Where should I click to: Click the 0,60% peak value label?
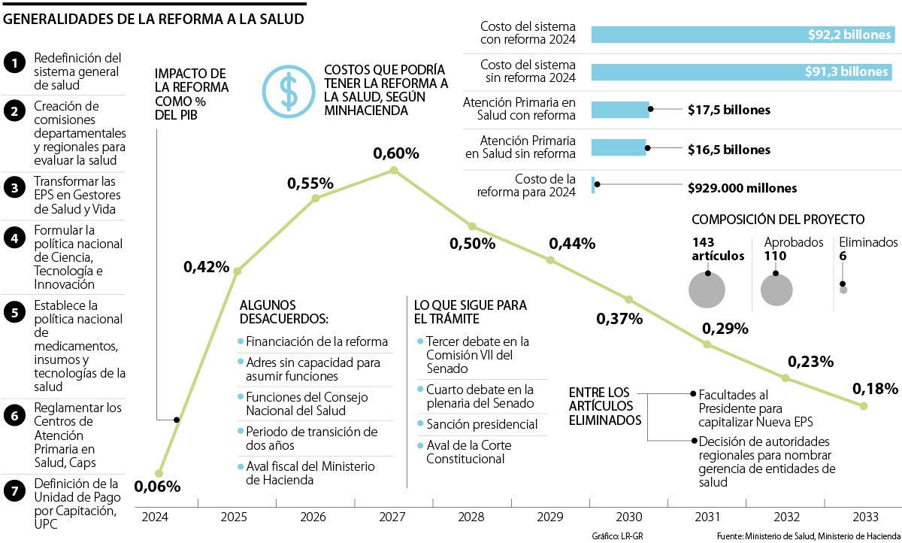click(396, 153)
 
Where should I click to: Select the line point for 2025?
click(238, 271)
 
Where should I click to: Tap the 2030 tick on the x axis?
click(628, 517)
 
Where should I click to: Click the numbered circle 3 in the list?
click(14, 188)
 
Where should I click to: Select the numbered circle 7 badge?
click(14, 490)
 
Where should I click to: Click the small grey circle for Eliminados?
click(843, 290)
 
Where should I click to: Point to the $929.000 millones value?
click(742, 188)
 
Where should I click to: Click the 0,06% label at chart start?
click(158, 487)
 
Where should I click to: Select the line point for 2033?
click(863, 406)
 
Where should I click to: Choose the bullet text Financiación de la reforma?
click(316, 341)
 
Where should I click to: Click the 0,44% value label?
click(572, 243)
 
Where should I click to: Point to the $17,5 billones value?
click(728, 110)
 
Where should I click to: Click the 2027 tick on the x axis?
click(392, 517)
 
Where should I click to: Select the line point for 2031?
click(707, 344)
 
